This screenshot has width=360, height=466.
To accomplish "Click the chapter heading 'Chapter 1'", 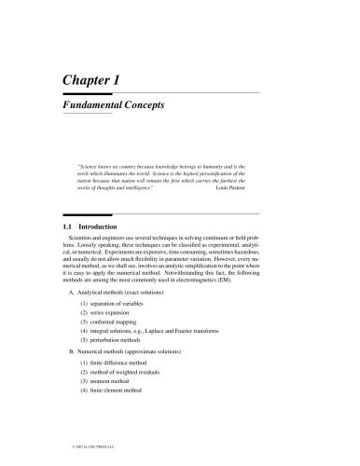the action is (90, 81).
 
